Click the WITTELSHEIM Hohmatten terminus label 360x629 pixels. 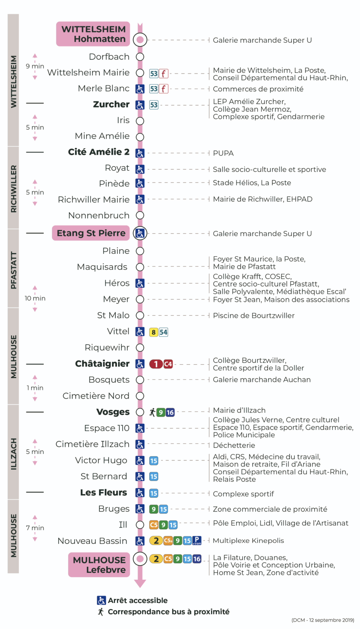coord(93,34)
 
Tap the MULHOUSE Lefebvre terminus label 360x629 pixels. coord(99,565)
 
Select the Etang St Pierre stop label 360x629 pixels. coord(91,233)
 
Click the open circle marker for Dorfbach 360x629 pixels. coord(140,57)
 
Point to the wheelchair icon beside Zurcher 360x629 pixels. coord(140,105)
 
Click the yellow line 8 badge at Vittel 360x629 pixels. coord(154,332)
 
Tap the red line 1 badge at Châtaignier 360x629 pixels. coord(156,364)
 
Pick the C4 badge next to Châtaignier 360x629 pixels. coord(168,364)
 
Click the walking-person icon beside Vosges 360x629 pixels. coord(152,412)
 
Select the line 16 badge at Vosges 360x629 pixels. coord(170,412)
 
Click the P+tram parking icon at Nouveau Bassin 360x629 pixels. coord(197,541)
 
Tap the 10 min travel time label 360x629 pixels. coord(35,298)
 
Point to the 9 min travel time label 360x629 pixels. coord(35,66)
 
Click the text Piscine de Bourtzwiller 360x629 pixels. coord(254,316)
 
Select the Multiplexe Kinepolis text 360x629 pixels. coord(248,541)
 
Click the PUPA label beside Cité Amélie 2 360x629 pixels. coord(223,153)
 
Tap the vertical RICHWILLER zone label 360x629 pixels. coord(14,189)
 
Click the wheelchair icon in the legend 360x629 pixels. coord(101,600)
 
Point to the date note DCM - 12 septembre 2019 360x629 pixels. coord(323,620)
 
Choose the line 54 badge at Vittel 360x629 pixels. coord(163,332)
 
